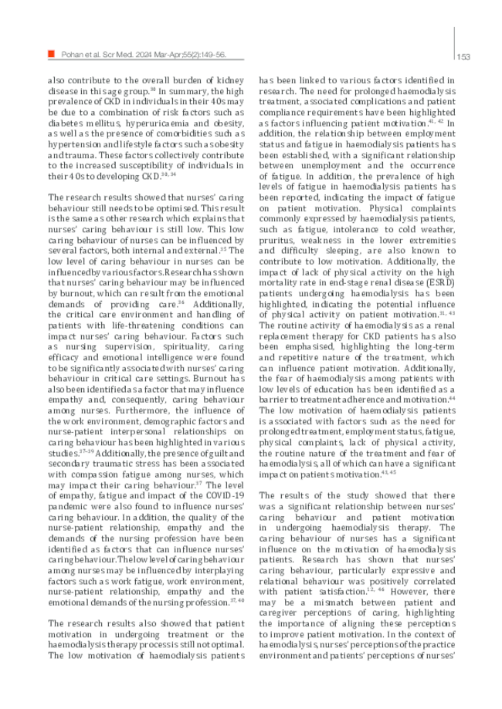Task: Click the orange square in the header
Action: (52, 54)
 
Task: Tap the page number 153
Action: (463, 56)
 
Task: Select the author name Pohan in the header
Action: (73, 55)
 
